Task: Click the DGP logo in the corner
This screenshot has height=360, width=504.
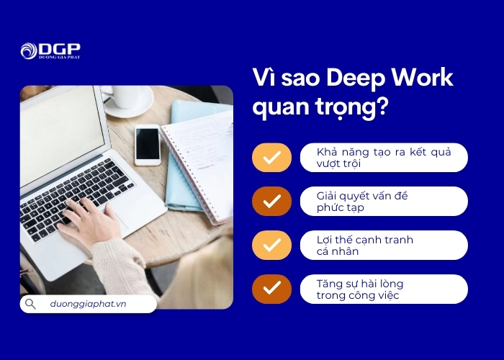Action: (x=50, y=50)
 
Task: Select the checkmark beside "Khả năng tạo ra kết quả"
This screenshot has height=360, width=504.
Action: (x=271, y=158)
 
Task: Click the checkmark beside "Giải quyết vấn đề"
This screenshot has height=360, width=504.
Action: (x=271, y=202)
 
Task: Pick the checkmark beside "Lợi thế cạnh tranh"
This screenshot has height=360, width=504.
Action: (x=271, y=246)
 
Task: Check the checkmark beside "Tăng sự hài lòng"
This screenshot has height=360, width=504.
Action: (x=271, y=289)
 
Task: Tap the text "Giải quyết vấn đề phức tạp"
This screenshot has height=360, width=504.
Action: (x=363, y=202)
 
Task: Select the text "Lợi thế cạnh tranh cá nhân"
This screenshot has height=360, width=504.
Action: (x=365, y=246)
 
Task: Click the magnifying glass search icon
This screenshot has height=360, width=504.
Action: (x=30, y=304)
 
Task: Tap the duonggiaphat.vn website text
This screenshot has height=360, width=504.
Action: (x=88, y=304)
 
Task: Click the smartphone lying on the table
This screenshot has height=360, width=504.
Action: (x=148, y=143)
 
